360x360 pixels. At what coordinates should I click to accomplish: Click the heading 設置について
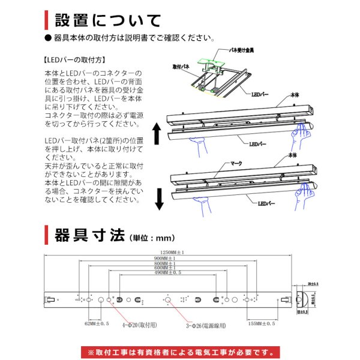coord(107,20)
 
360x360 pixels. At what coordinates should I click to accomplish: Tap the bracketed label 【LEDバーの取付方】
coord(75,60)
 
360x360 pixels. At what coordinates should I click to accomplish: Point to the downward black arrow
coord(159,197)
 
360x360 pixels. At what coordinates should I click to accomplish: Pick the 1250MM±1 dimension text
coord(172,252)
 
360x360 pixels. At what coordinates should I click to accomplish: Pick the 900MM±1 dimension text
coord(169,259)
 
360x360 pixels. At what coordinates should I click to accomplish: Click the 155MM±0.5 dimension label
coord(261,323)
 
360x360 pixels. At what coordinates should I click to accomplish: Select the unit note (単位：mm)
coord(151,236)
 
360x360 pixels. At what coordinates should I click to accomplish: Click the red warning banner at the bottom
coord(179,350)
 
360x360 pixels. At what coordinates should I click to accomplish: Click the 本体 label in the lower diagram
coord(293,155)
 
